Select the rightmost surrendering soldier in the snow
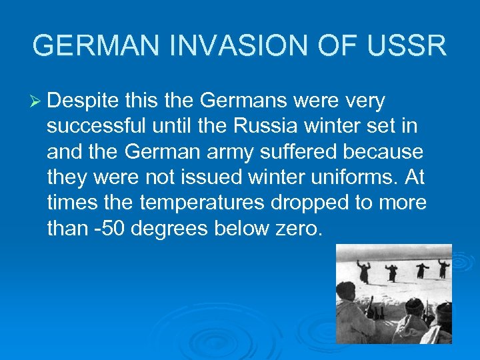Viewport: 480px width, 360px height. point(443,268)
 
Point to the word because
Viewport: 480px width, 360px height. point(387,152)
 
